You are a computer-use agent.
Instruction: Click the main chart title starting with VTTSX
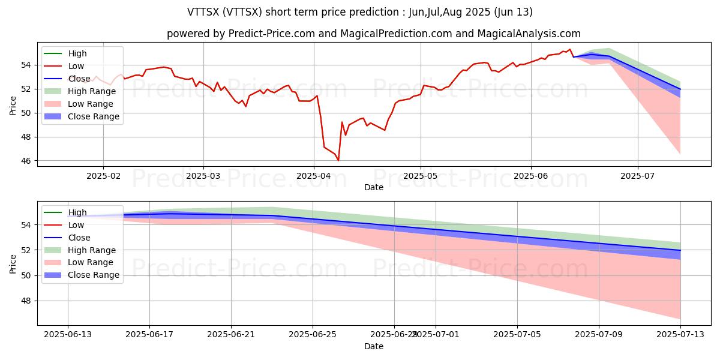(359, 12)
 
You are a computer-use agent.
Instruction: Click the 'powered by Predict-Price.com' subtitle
(373, 34)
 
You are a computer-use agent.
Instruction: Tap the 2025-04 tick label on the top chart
(313, 176)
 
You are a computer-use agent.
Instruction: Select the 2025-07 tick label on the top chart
(637, 176)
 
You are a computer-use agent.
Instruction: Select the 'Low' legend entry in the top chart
(76, 66)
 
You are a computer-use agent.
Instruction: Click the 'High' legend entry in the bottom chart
(77, 212)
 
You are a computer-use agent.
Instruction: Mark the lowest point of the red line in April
(338, 160)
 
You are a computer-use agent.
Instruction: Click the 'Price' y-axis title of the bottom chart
(13, 263)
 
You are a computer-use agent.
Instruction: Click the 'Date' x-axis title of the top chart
(373, 187)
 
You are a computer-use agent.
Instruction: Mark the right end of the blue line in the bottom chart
(680, 250)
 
